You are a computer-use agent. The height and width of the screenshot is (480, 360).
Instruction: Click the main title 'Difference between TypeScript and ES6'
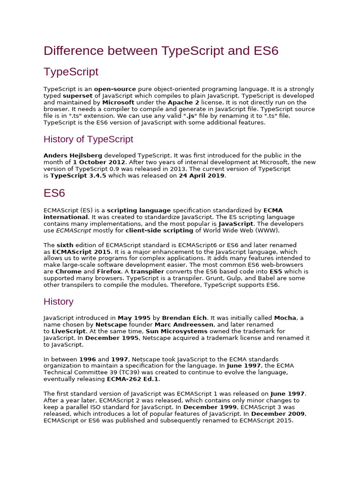(161, 51)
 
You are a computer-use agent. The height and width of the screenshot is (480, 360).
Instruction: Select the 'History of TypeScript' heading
(88, 139)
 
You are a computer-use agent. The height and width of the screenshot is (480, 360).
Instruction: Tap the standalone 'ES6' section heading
(54, 193)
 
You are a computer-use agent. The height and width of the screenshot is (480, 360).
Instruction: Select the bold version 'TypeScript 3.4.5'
(78, 176)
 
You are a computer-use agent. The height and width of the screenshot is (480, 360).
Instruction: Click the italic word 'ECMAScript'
(74, 231)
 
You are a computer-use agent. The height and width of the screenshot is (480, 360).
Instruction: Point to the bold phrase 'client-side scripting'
(159, 231)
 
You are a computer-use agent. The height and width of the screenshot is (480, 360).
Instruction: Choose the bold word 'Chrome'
(68, 271)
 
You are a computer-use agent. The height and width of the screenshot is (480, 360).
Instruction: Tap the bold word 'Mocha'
(285, 318)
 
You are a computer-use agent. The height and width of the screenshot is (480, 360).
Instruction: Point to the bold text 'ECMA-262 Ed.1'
(133, 379)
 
